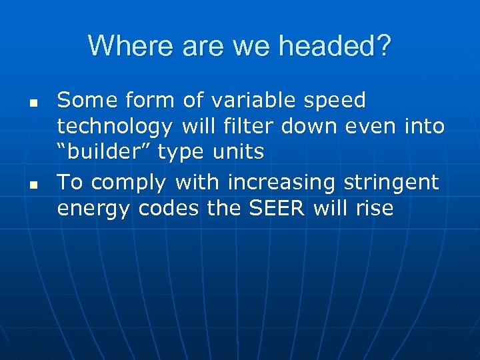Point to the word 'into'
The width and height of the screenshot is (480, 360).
click(x=424, y=126)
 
